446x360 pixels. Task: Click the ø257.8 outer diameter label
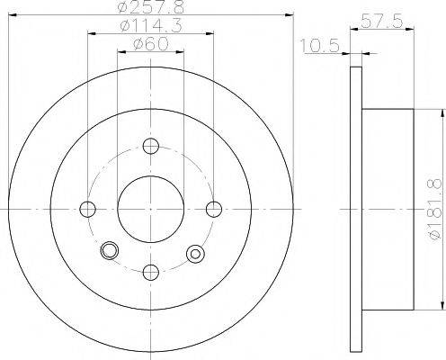click(x=151, y=8)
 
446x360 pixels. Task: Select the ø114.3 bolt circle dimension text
click(x=151, y=27)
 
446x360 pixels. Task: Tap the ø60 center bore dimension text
click(x=151, y=44)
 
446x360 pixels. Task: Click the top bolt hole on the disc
click(x=151, y=146)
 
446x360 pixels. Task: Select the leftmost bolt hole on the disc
click(x=87, y=210)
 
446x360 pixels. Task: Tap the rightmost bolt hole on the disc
click(x=214, y=210)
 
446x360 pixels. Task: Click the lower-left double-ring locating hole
click(x=110, y=250)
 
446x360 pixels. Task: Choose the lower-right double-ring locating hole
click(x=192, y=255)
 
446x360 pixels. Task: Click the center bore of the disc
click(x=151, y=209)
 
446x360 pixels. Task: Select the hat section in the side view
click(x=387, y=209)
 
